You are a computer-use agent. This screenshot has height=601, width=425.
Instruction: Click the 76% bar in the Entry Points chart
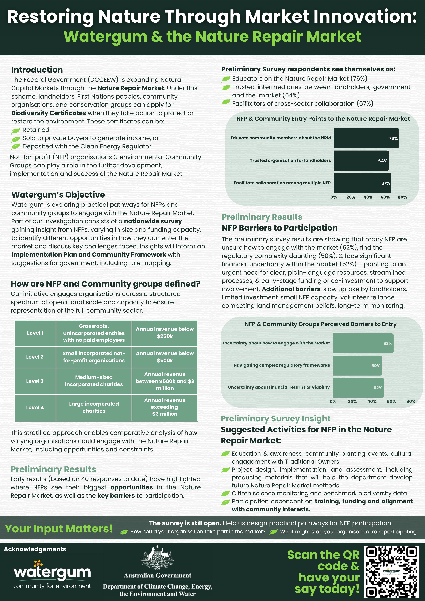click(x=366, y=138)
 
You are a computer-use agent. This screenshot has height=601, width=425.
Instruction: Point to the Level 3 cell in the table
click(x=35, y=381)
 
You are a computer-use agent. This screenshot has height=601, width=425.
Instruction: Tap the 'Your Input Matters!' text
click(x=59, y=528)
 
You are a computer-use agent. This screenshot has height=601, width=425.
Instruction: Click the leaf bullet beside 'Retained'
click(x=16, y=130)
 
